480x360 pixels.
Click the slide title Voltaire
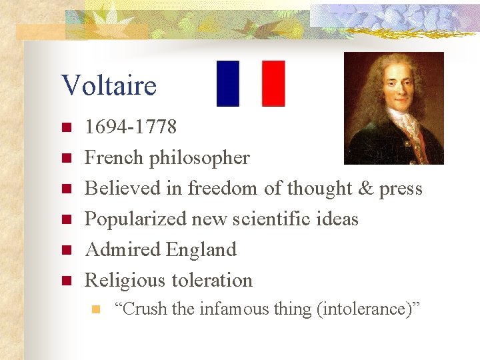point(109,85)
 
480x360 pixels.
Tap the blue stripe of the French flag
point(228,83)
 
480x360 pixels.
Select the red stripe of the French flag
point(273,83)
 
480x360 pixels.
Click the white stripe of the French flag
point(251,83)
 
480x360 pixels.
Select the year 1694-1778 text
point(131,127)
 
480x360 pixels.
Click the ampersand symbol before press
point(365,189)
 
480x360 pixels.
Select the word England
point(201,250)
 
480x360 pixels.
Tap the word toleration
point(211,281)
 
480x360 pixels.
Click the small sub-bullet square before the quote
point(96,309)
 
